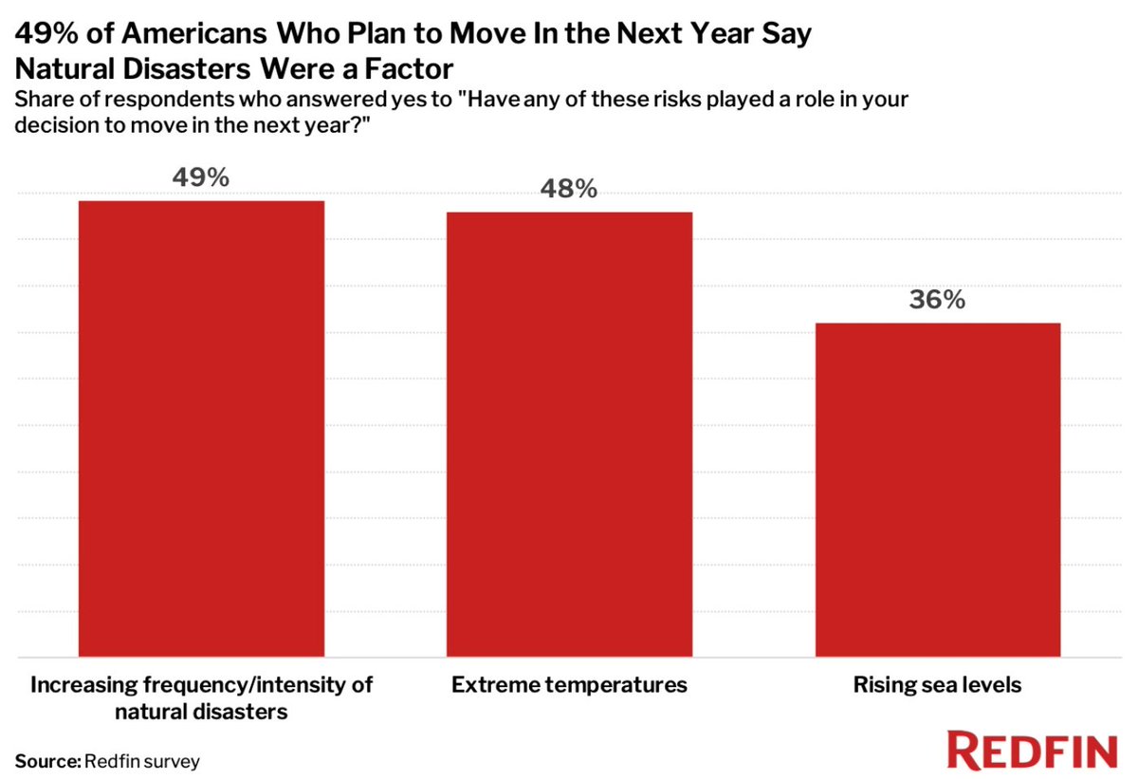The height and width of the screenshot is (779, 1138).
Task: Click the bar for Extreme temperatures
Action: point(569,434)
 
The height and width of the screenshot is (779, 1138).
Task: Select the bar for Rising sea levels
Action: point(937,489)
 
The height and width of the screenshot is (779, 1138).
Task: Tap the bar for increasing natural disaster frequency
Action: point(201,428)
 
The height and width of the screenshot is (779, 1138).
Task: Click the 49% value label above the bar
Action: point(201,177)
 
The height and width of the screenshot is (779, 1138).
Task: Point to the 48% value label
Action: point(569,189)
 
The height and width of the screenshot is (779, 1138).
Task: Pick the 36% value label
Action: point(937,300)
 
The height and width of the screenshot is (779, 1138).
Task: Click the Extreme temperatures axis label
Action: point(569,684)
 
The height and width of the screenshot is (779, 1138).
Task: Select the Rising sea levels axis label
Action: point(937,684)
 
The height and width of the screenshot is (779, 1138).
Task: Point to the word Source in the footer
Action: point(46,760)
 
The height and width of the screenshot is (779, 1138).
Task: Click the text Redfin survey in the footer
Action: point(142,760)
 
